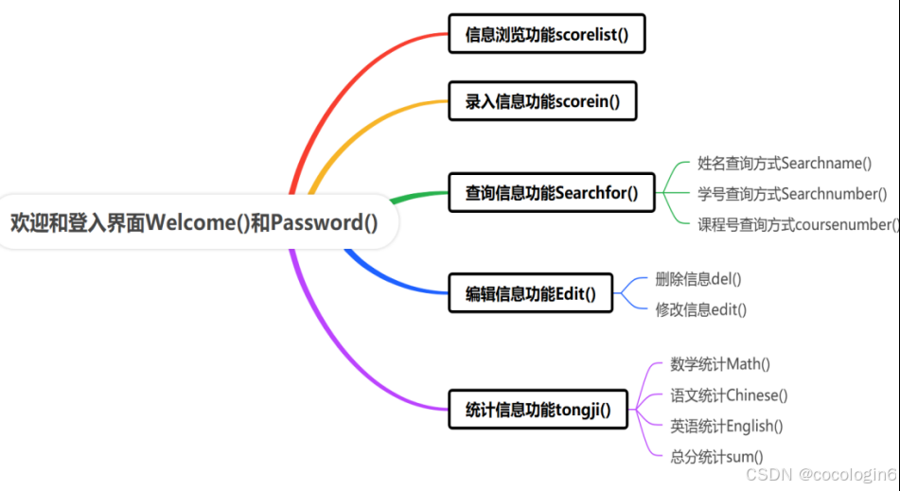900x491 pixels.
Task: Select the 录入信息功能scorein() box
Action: coord(542,101)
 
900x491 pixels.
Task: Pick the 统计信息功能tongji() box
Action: coord(538,411)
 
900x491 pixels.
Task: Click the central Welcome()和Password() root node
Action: coord(194,223)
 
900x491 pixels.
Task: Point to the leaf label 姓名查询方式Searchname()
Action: coord(785,164)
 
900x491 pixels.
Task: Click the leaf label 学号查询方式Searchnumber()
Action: coord(792,194)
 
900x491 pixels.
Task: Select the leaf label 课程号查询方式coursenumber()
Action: coord(798,224)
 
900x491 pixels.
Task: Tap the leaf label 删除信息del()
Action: coord(698,279)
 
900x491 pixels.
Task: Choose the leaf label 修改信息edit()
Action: coord(701,309)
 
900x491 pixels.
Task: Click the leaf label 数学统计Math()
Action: coord(720,364)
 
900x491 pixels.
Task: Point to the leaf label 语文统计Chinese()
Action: coord(729,395)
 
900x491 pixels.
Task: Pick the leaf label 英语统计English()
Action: coord(727,426)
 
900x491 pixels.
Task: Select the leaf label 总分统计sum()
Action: coord(716,456)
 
